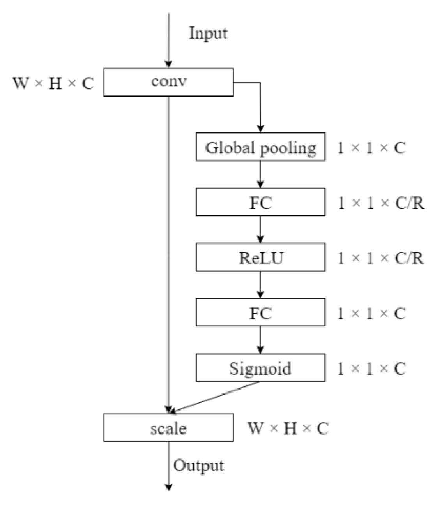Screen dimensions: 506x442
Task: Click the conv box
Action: (168, 82)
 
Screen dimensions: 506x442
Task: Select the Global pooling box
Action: (260, 147)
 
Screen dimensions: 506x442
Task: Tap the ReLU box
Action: (260, 257)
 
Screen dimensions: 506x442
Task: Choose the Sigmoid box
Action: (260, 367)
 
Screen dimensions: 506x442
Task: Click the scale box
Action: (168, 427)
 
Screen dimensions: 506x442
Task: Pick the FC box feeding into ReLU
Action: (260, 202)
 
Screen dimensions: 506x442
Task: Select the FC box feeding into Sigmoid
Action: (260, 312)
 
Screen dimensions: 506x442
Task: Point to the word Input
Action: (208, 33)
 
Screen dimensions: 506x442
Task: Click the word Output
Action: (198, 465)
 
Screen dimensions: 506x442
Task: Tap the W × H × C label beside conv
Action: (53, 83)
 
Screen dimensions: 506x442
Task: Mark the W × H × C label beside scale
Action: (288, 428)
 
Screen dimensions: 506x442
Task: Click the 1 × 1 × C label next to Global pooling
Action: (371, 148)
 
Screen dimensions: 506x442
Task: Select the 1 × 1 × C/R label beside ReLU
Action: (380, 258)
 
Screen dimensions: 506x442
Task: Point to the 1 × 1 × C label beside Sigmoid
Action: (371, 368)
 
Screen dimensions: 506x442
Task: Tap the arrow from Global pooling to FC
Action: (261, 174)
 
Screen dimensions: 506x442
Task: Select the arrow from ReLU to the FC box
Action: (261, 284)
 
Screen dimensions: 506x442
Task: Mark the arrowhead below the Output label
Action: (168, 487)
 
